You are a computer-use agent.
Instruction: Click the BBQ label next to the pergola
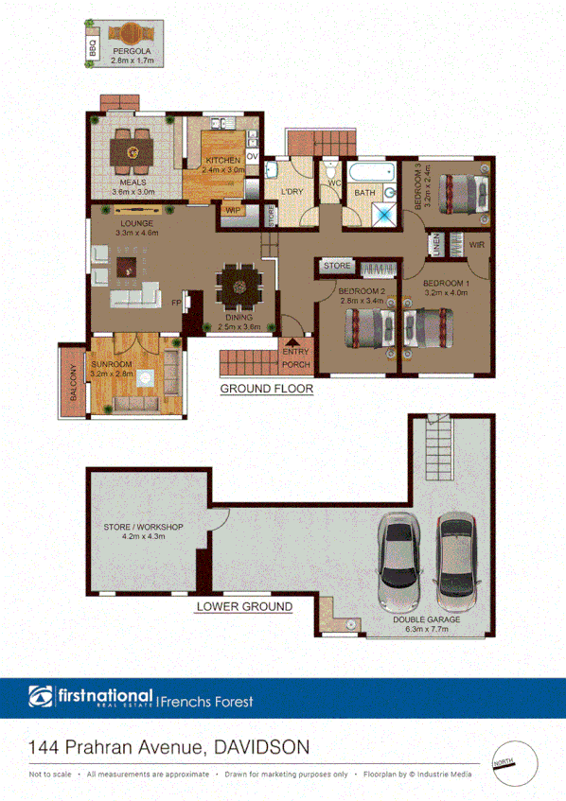[93, 48]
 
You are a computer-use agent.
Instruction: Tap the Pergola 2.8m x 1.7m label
[132, 55]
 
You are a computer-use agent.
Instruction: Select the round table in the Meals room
[133, 148]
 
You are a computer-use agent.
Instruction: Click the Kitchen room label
[224, 165]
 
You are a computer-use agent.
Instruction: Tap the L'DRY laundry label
[292, 192]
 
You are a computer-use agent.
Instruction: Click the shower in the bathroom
[385, 211]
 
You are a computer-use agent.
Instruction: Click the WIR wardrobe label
[476, 245]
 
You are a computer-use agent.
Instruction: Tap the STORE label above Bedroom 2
[337, 267]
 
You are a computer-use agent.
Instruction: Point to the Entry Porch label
[295, 358]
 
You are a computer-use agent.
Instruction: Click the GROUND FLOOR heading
[266, 389]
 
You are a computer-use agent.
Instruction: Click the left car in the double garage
[398, 564]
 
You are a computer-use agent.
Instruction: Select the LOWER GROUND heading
[243, 606]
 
